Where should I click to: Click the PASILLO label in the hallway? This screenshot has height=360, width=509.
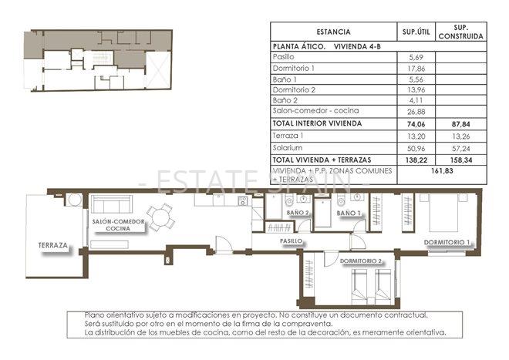[291, 241]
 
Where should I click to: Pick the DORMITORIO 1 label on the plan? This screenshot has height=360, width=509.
[447, 243]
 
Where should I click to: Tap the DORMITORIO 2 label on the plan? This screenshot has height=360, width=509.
[361, 261]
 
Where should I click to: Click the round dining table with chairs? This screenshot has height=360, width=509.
[162, 217]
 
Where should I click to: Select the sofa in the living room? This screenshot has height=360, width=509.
[111, 205]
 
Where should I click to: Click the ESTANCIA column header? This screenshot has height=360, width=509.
[332, 32]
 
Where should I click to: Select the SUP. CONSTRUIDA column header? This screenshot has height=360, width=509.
[460, 32]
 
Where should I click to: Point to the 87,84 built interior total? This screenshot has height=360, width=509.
[460, 123]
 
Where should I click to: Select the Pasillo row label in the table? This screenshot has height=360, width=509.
[284, 57]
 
